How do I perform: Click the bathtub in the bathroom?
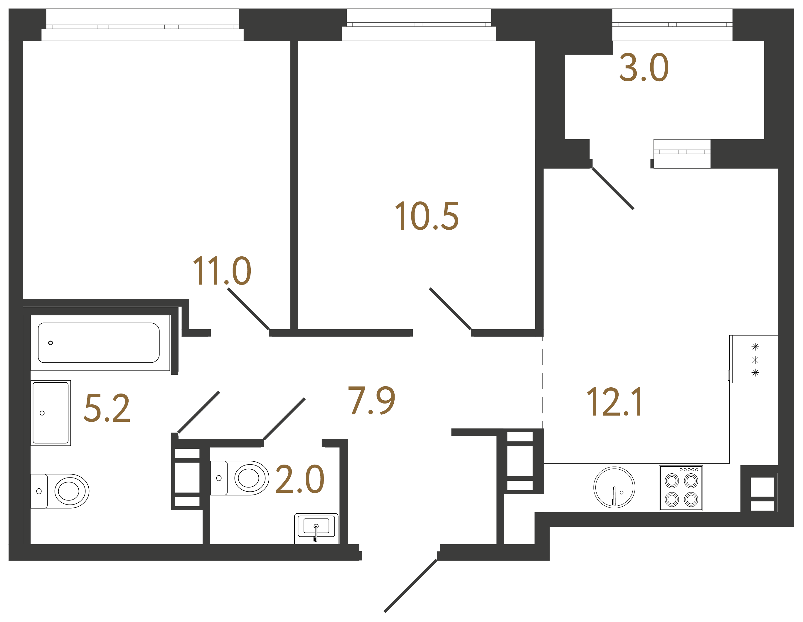(x=99, y=342)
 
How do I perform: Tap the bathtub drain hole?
(x=51, y=342)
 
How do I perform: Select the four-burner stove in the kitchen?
(x=681, y=488)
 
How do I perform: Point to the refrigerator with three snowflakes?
(x=753, y=359)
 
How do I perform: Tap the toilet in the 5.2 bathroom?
(x=61, y=491)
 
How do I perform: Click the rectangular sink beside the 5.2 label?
(x=51, y=413)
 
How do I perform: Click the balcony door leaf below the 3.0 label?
(x=612, y=189)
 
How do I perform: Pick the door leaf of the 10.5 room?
(x=450, y=309)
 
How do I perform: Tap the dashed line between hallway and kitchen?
(x=543, y=383)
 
